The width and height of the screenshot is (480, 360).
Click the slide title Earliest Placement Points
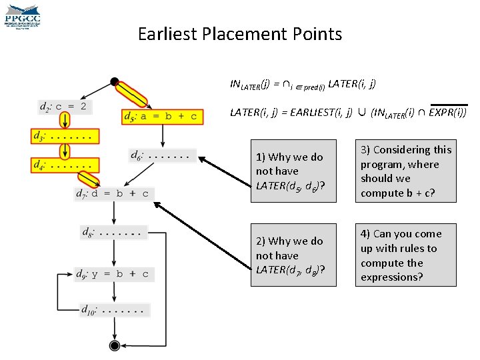[x=240, y=34]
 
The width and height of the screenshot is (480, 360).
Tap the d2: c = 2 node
[x=65, y=107]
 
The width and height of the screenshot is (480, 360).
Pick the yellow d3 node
[x=65, y=136]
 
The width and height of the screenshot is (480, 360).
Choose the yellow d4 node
[x=65, y=165]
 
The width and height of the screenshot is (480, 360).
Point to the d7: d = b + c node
[x=115, y=193]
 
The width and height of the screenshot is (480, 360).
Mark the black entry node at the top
[x=115, y=82]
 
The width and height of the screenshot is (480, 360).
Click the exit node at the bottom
[x=115, y=345]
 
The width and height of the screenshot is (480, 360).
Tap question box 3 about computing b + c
[x=406, y=172]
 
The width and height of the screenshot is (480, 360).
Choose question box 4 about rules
[x=406, y=255]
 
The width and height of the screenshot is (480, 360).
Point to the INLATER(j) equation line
[x=303, y=85]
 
